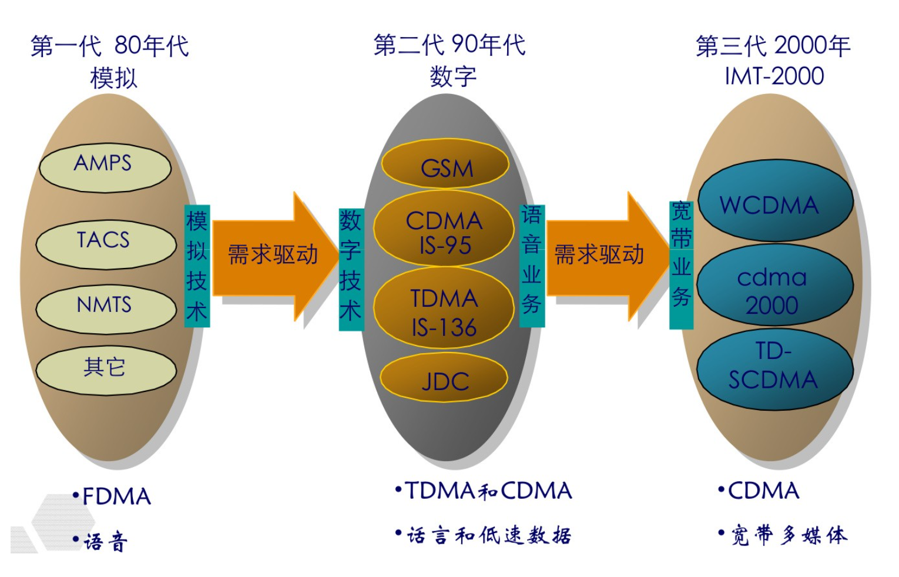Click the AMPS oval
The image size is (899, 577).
(105, 167)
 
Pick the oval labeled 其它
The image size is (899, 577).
(106, 370)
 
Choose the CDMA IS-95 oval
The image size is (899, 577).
(444, 230)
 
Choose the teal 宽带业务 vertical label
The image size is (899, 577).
(681, 264)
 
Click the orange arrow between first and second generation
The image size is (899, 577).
(273, 256)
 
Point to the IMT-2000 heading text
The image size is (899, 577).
(774, 76)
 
